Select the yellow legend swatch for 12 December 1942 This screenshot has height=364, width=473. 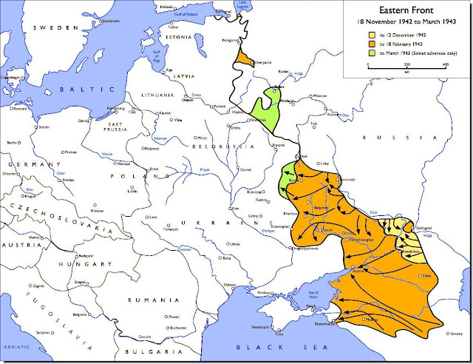click(x=372, y=34)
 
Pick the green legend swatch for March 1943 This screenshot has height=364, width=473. click(x=372, y=53)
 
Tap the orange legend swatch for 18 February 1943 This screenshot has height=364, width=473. click(x=372, y=44)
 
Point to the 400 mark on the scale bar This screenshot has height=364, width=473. click(x=445, y=66)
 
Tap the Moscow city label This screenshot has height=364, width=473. click(x=319, y=96)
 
